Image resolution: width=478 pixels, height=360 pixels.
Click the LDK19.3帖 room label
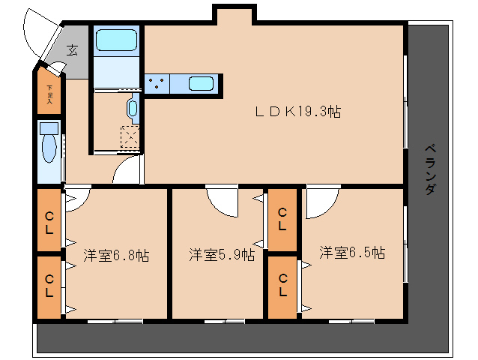pos(298,112)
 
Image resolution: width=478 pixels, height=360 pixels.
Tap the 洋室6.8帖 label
pos(115,255)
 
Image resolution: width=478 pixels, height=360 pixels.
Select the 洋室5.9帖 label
pos(220,255)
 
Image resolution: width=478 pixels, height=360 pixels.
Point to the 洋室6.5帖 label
pos(351,253)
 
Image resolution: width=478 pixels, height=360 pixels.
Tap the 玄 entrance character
pos(72,51)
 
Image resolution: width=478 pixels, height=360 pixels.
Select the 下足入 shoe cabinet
pos(49,92)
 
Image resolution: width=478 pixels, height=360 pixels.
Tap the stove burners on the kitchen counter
pos(157,83)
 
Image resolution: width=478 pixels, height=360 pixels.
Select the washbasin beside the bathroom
pos(133,109)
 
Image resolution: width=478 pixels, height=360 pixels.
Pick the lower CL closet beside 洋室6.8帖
pos(49,287)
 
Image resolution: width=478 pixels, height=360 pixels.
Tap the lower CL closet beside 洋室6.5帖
pos(283,286)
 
